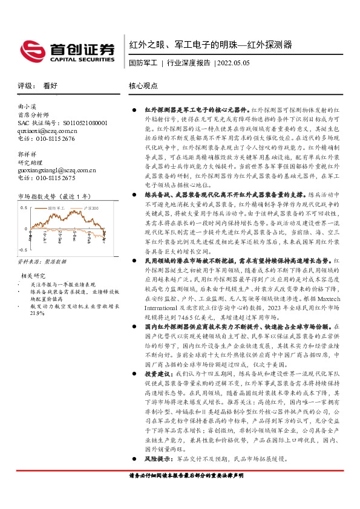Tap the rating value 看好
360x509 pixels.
pos(50,86)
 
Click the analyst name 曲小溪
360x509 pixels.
pos(28,106)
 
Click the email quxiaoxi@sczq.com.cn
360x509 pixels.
pos(48,130)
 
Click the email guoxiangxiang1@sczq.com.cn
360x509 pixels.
pos(57,170)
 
